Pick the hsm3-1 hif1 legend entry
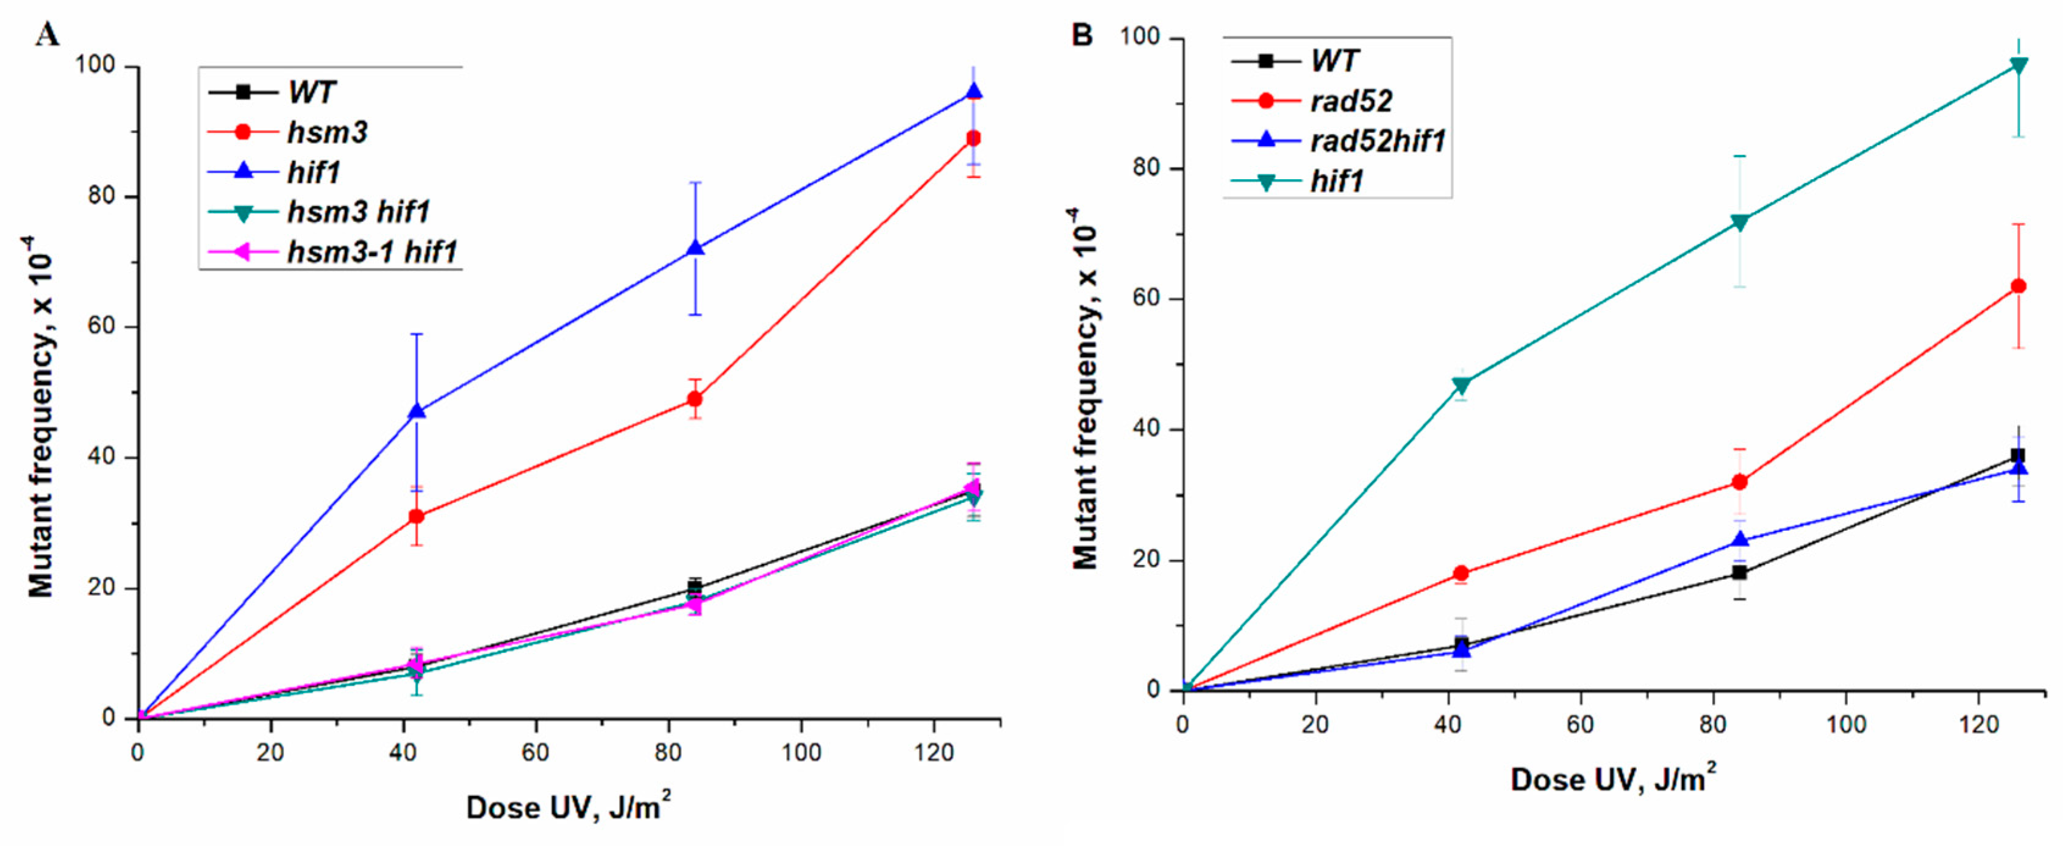pos(371,252)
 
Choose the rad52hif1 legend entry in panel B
pos(1377,141)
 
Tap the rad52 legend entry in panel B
pos(1351,101)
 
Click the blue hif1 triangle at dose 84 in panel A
pos(695,248)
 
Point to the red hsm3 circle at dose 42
pos(416,516)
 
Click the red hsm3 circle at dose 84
pos(695,399)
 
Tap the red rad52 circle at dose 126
pos(2017,286)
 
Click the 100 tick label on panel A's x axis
pos(800,753)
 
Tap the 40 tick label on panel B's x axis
pos(1447,725)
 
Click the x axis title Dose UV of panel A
pos(568,806)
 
